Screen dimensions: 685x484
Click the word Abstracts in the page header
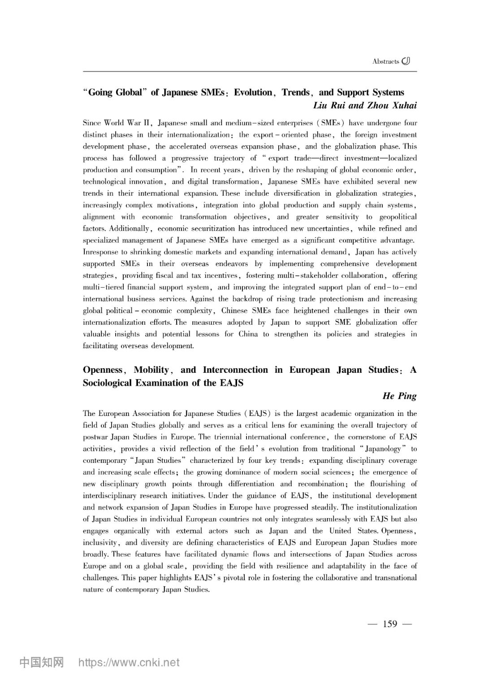385,61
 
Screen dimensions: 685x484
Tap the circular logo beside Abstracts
406,61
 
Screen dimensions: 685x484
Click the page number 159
390,624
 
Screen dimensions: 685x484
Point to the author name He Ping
399,396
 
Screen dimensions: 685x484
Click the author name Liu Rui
329,105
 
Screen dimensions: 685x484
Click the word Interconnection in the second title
235,370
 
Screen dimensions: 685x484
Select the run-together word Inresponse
102,252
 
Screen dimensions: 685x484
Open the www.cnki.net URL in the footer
129,663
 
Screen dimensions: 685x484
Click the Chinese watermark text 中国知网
42,663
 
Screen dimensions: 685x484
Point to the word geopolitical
396,217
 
